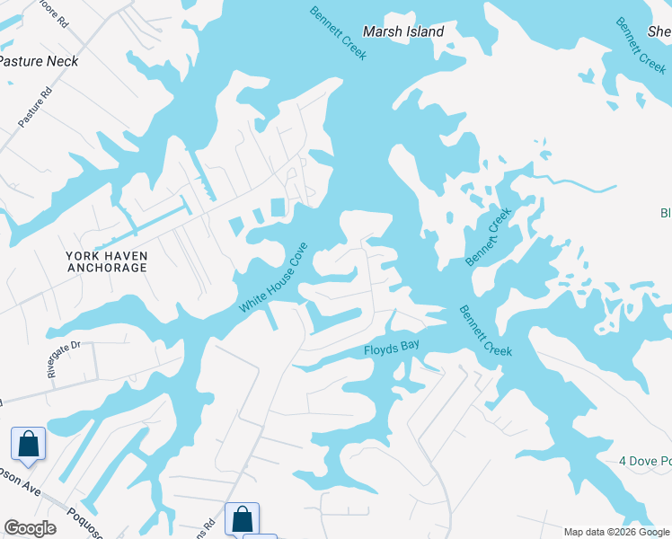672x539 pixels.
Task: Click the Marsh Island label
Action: point(403,31)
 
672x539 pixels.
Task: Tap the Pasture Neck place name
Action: point(39,61)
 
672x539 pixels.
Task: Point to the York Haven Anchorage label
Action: point(106,261)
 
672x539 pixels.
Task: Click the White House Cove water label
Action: point(273,278)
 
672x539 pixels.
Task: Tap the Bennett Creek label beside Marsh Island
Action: point(338,34)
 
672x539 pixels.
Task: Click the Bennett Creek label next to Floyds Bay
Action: point(485,331)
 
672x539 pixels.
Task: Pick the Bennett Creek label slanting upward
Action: point(488,237)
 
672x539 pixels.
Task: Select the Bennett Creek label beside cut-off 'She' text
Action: point(641,45)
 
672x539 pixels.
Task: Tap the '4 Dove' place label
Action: point(644,461)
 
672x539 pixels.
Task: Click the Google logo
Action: point(30,528)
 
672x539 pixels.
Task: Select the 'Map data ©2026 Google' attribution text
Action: point(617,532)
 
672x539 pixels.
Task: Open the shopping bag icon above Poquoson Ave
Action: point(28,444)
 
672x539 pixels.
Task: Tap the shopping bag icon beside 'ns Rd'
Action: point(242,518)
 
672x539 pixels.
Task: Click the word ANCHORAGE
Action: point(106,268)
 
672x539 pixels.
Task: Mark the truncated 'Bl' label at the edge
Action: point(666,213)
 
